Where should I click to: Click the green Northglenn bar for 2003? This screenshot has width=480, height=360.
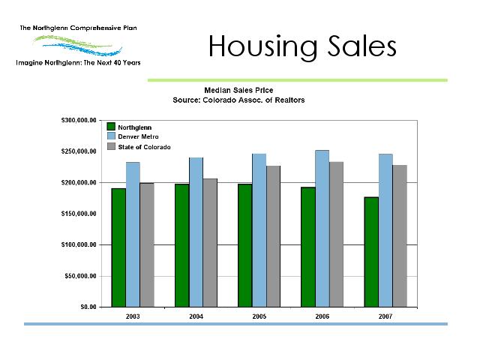pyautogui.click(x=118, y=247)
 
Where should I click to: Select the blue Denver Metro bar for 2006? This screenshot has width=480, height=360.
pyautogui.click(x=322, y=229)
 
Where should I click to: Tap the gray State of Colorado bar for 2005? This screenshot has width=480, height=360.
pyautogui.click(x=273, y=236)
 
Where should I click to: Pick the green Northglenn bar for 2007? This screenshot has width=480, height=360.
pyautogui.click(x=371, y=252)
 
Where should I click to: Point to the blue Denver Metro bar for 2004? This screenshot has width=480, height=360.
pyautogui.click(x=196, y=232)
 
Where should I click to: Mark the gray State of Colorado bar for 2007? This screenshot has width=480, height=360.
pyautogui.click(x=400, y=236)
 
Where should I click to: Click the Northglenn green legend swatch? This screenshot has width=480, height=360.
pyautogui.click(x=111, y=127)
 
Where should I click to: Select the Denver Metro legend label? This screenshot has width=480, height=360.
pyautogui.click(x=138, y=136)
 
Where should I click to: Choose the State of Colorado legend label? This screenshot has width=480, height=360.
pyautogui.click(x=144, y=147)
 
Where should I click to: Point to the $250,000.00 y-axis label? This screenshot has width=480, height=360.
pyautogui.click(x=79, y=151)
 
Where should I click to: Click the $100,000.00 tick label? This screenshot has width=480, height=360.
pyautogui.click(x=79, y=244)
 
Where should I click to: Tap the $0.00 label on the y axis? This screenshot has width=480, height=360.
pyautogui.click(x=88, y=307)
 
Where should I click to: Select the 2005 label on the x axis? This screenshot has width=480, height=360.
pyautogui.click(x=259, y=316)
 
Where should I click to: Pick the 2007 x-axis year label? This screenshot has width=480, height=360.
pyautogui.click(x=385, y=316)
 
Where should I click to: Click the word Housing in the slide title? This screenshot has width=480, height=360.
pyautogui.click(x=263, y=46)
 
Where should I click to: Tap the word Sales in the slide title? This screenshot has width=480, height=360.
pyautogui.click(x=362, y=46)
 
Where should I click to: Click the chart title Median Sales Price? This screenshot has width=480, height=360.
pyautogui.click(x=238, y=90)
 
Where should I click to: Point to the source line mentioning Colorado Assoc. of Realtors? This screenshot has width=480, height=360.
pyautogui.click(x=238, y=100)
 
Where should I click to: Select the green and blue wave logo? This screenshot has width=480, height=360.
pyautogui.click(x=78, y=45)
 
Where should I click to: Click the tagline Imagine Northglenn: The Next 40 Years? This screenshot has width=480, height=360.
pyautogui.click(x=78, y=63)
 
